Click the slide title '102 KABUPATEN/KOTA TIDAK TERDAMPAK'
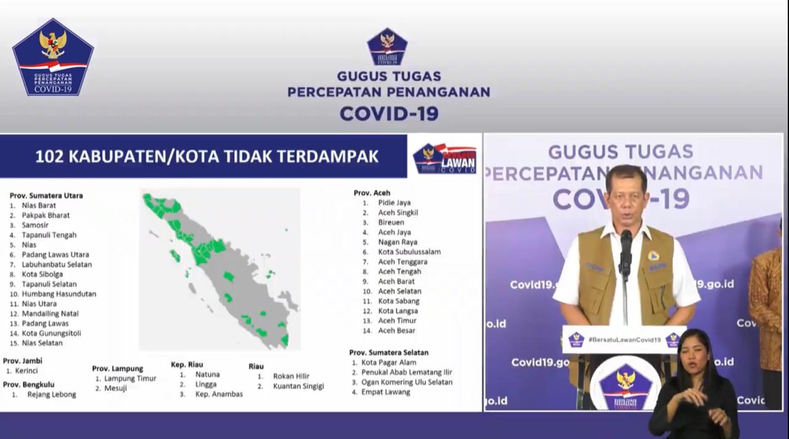pyautogui.click(x=206, y=157)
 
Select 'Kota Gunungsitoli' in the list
pyautogui.click(x=51, y=333)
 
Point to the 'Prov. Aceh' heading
pyautogui.click(x=372, y=193)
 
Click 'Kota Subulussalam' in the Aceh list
pyautogui.click(x=409, y=252)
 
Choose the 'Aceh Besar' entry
pyautogui.click(x=396, y=330)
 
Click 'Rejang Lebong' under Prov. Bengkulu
pyautogui.click(x=52, y=394)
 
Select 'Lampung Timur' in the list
pyautogui.click(x=130, y=379)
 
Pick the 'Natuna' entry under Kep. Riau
pyautogui.click(x=207, y=374)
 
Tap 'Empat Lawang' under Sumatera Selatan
pyautogui.click(x=385, y=392)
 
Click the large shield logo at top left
pyautogui.click(x=53, y=57)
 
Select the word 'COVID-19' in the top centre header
pyautogui.click(x=389, y=113)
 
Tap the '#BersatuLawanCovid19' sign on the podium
pyautogui.click(x=624, y=340)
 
